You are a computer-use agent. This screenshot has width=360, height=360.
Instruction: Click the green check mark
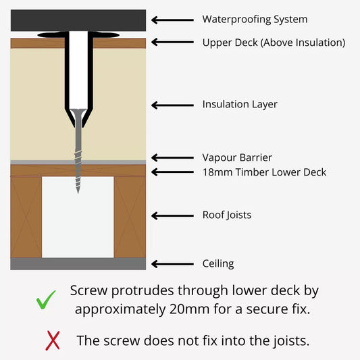click(45, 301)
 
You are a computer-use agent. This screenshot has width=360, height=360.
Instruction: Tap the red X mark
click(53, 340)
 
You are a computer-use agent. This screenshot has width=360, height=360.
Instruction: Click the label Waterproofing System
click(255, 20)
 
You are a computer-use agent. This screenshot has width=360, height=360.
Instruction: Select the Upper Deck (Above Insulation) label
click(274, 43)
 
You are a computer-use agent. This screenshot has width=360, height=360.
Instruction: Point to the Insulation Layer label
click(240, 105)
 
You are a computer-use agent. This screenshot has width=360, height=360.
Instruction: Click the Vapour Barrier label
click(237, 158)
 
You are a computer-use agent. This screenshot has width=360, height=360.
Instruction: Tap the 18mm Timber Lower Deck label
click(264, 172)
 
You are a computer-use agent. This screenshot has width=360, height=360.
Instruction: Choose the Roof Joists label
click(227, 215)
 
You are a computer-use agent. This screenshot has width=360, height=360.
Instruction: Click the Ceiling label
click(218, 264)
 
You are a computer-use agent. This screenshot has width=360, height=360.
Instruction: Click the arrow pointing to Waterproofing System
click(172, 20)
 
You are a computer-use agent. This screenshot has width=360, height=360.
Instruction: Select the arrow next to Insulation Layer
click(172, 105)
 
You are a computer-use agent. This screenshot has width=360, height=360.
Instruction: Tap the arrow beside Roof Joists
click(172, 216)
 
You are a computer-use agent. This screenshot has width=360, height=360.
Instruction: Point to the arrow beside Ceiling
click(172, 264)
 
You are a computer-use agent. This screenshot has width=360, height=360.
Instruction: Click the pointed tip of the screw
click(78, 193)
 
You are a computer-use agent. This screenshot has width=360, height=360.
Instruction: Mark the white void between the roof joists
click(78, 217)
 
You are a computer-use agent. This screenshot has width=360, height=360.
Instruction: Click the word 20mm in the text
click(189, 309)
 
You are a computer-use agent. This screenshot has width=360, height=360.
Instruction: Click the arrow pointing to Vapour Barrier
click(172, 158)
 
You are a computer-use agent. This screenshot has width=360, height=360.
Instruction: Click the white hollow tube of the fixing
click(78, 70)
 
